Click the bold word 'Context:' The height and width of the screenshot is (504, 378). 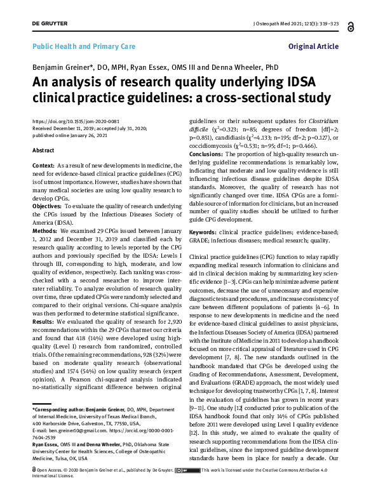[43, 164]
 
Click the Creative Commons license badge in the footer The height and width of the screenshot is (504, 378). [189, 488]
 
